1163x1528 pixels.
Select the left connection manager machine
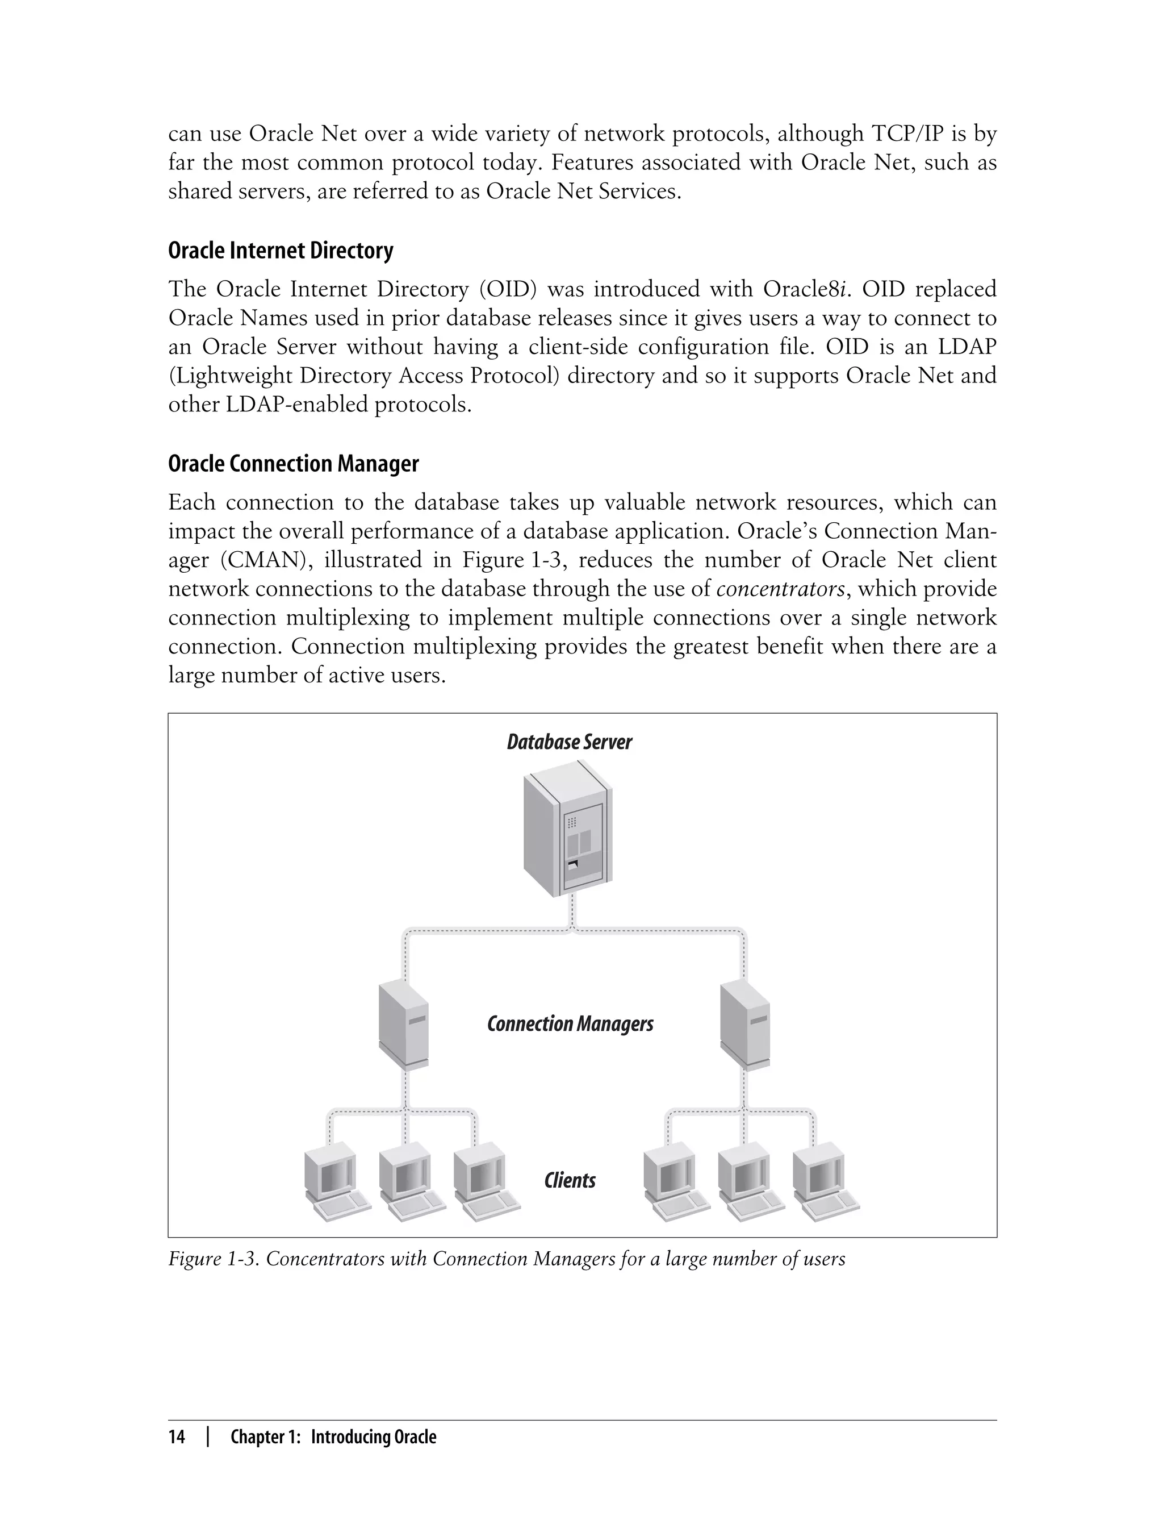pyautogui.click(x=404, y=1025)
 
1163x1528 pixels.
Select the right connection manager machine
pyautogui.click(x=745, y=1025)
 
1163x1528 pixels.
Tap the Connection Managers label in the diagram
pyautogui.click(x=570, y=1024)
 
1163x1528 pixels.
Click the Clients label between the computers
pyautogui.click(x=569, y=1180)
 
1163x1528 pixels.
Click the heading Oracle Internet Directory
pyautogui.click(x=281, y=251)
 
